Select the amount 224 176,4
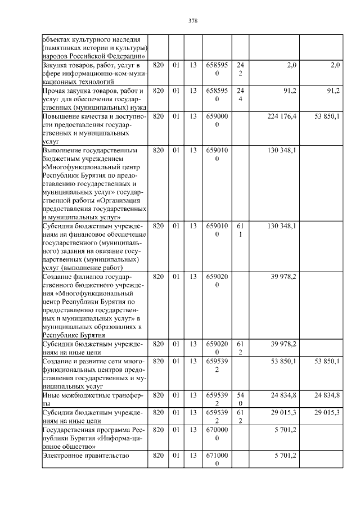coord(281,116)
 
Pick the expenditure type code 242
coord(240,70)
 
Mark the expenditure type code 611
coord(240,230)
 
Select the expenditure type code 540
coord(240,399)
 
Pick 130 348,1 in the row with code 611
coord(281,226)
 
